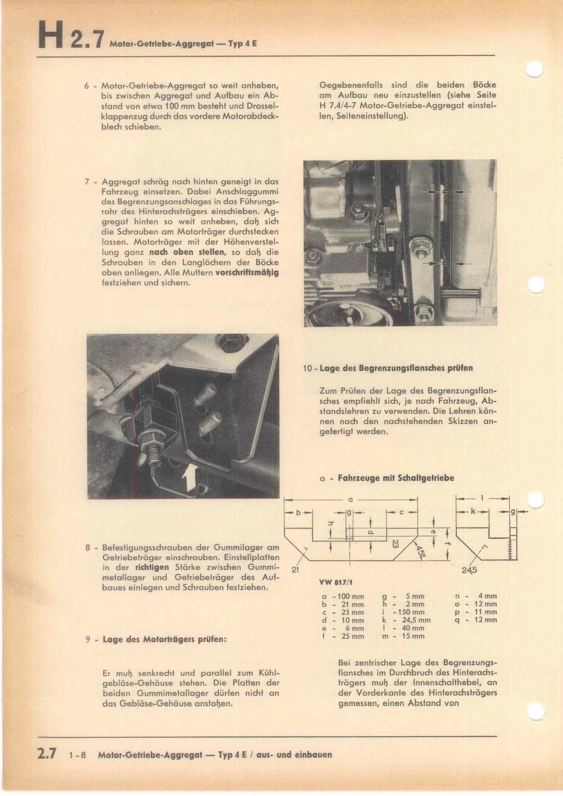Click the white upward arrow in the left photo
[190, 478]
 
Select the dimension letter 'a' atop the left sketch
[350, 500]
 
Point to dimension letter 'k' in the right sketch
[473, 512]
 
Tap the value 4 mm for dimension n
[487, 596]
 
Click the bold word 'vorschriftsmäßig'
[247, 273]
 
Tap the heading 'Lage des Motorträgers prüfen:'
[164, 639]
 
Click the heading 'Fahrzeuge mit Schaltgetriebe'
[396, 478]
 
